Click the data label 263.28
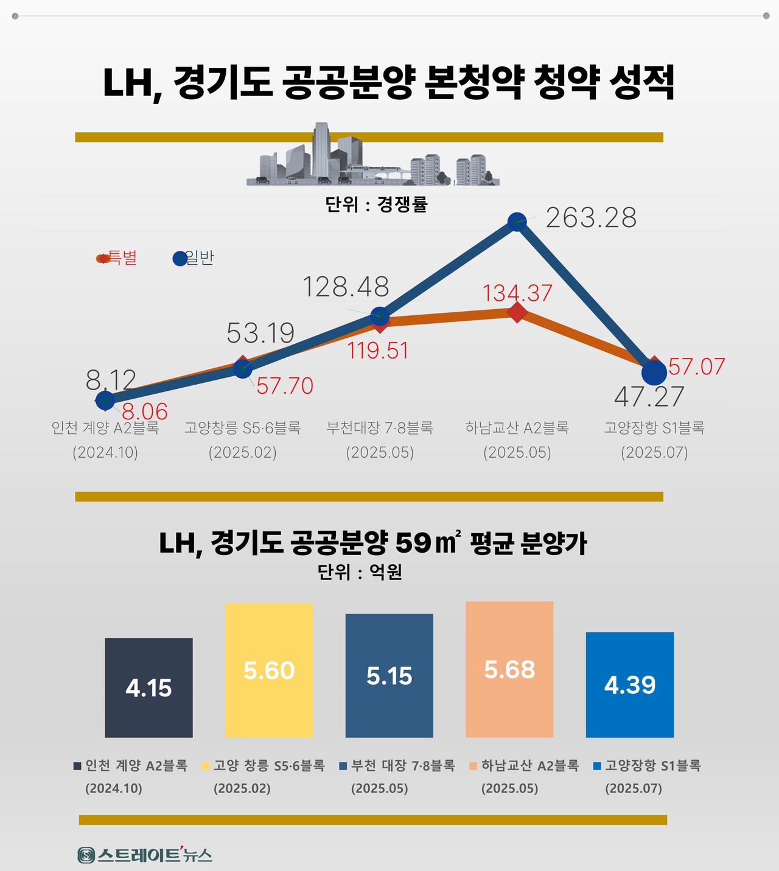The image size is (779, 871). pos(591,218)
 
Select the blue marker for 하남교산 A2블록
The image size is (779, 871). pos(517,222)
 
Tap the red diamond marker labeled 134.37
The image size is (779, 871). pos(517,313)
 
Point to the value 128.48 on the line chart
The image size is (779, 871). pos(346,287)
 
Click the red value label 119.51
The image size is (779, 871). pos(378,351)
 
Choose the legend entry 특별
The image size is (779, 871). pos(117,258)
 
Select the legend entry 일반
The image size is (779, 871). pos(194,258)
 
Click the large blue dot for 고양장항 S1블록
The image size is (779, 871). pos(654,373)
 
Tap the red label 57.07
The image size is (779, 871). pos(696,366)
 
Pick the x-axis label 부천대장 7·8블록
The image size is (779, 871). pos(380,428)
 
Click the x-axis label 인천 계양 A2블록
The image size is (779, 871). pos(105,428)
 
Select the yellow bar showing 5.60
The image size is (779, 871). pos(269,670)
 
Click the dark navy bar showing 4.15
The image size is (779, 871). pos(148,688)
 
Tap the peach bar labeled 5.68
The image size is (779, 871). pos(509,670)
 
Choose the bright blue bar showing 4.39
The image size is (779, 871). pos(630,685)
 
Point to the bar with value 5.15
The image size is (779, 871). pos(389,676)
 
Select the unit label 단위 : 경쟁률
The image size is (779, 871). pos(377,204)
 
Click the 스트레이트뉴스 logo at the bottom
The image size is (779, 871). pos(145,855)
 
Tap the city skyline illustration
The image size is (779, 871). pos(372,157)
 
